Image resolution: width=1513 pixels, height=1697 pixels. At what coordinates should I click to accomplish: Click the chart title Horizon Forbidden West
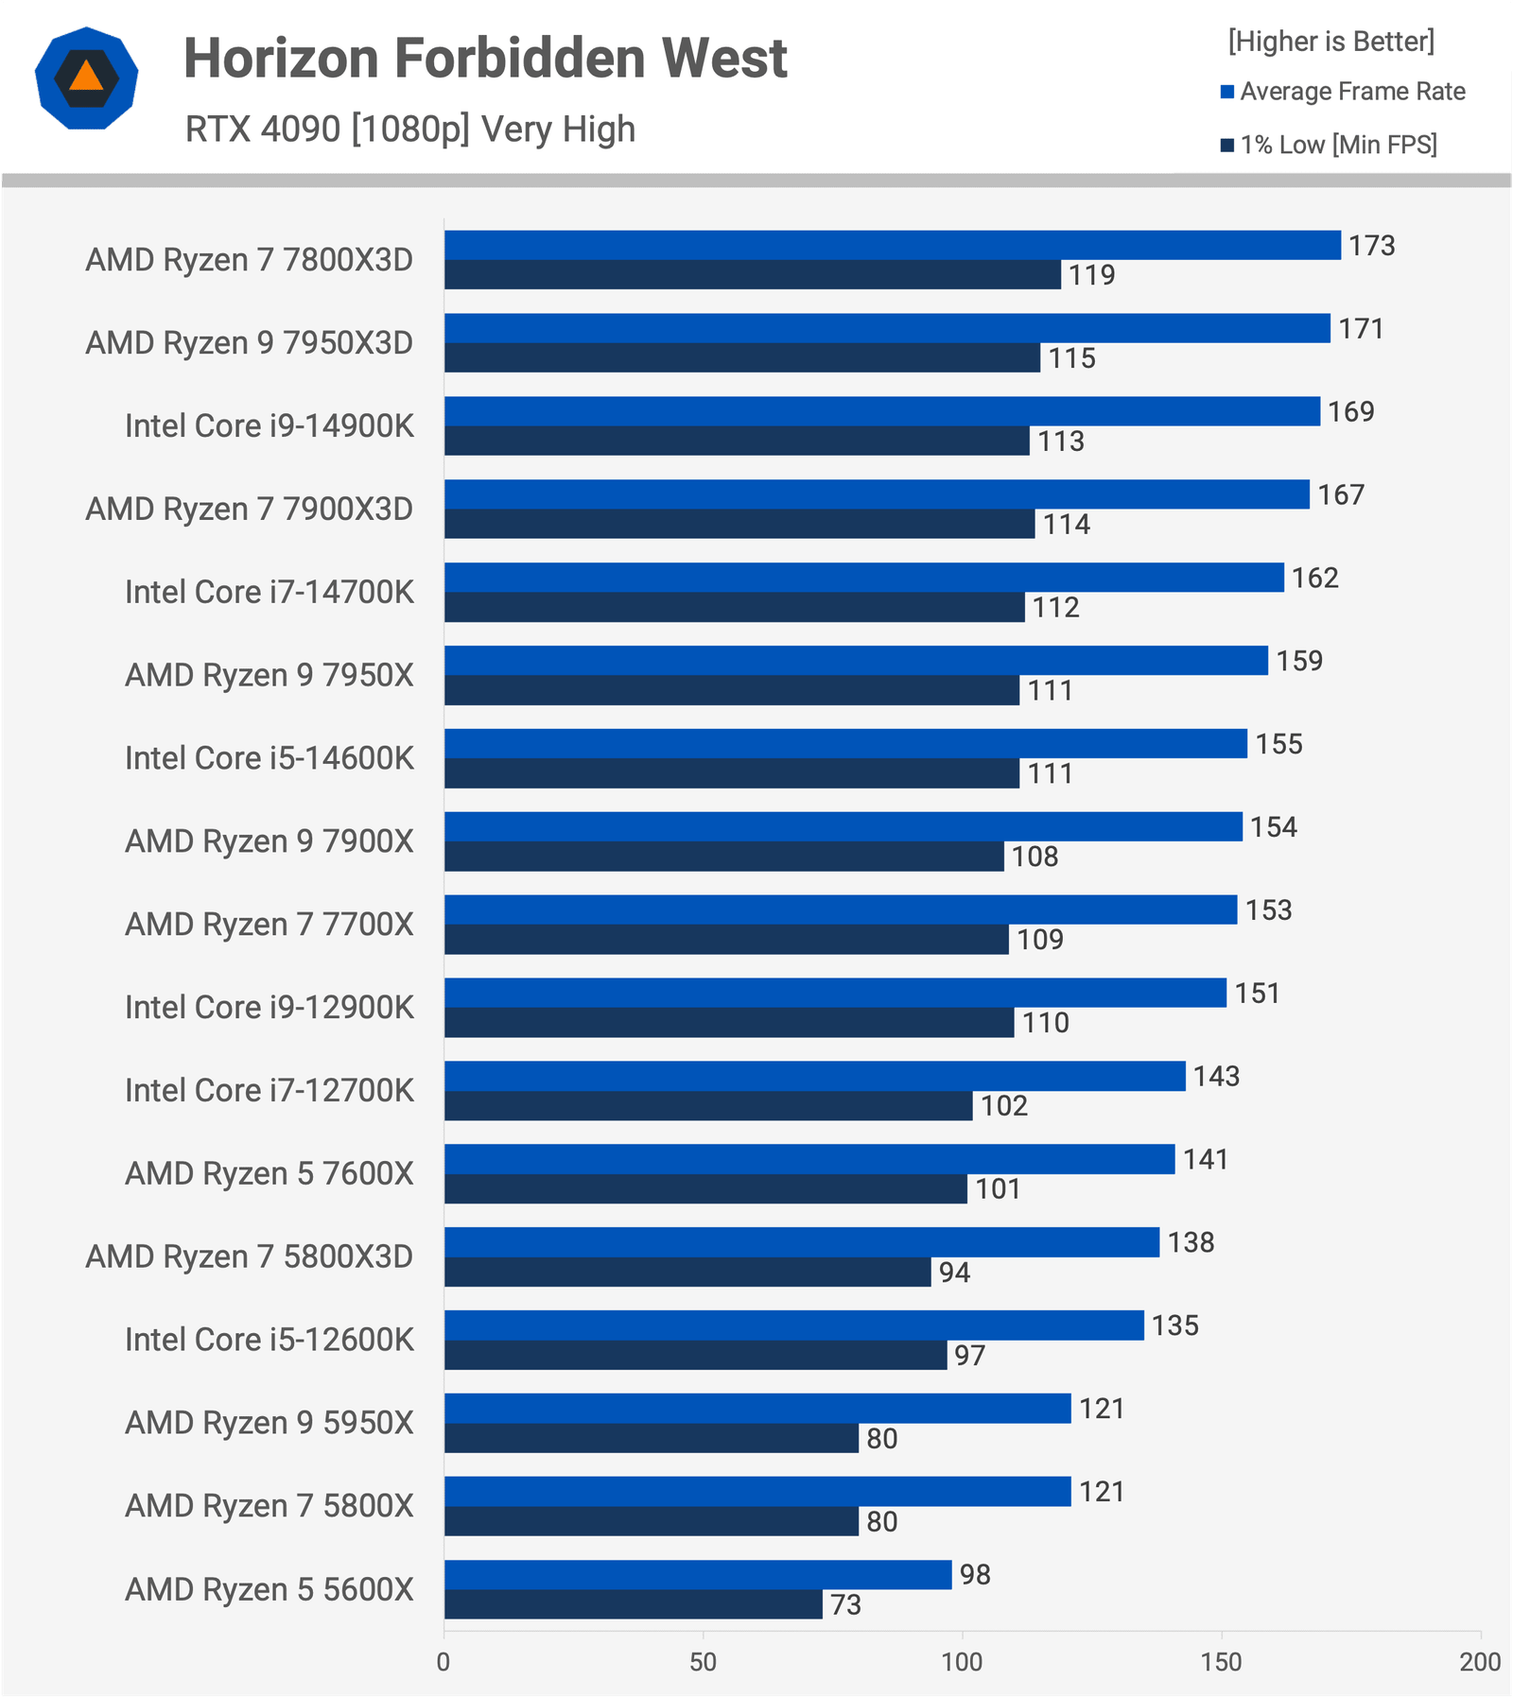pyautogui.click(x=485, y=59)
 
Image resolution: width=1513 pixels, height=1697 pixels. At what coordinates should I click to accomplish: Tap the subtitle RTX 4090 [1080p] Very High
pyautogui.click(x=410, y=129)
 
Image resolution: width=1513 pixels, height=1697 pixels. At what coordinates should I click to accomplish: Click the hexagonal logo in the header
pyautogui.click(x=86, y=78)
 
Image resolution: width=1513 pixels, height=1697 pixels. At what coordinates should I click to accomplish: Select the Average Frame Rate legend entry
pyautogui.click(x=1343, y=92)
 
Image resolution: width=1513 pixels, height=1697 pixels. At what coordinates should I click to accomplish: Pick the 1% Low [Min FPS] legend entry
pyautogui.click(x=1329, y=145)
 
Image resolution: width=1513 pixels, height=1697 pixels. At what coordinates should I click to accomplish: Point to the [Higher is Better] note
pyautogui.click(x=1330, y=42)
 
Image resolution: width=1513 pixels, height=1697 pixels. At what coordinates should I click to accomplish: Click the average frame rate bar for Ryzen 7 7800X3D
pyautogui.click(x=892, y=245)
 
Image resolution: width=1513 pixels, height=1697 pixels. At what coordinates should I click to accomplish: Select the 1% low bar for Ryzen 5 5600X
pyautogui.click(x=633, y=1604)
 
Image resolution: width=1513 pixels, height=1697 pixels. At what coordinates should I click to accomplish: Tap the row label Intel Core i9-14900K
pyautogui.click(x=270, y=425)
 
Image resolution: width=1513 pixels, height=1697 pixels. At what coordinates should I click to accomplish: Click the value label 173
pyautogui.click(x=1371, y=246)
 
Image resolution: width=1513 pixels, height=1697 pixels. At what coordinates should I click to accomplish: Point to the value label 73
pyautogui.click(x=845, y=1604)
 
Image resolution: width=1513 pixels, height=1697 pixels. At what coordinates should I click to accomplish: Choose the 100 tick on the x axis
pyautogui.click(x=962, y=1662)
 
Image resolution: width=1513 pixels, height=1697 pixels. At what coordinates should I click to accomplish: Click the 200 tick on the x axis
pyautogui.click(x=1480, y=1662)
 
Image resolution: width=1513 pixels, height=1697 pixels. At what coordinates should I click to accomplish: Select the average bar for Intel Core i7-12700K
pyautogui.click(x=814, y=1076)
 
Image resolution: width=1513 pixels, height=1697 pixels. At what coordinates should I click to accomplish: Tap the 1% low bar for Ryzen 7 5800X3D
pyautogui.click(x=687, y=1272)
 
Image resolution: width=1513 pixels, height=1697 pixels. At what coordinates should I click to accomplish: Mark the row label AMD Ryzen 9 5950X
pyautogui.click(x=270, y=1423)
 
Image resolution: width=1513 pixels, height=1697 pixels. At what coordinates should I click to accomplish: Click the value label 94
pyautogui.click(x=954, y=1273)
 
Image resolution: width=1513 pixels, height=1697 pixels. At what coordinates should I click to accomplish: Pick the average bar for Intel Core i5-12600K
pyautogui.click(x=793, y=1325)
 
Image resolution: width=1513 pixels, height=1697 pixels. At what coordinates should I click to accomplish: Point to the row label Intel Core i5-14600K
pyautogui.click(x=270, y=758)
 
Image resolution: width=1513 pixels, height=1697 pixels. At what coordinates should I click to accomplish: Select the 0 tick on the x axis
pyautogui.click(x=443, y=1662)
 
